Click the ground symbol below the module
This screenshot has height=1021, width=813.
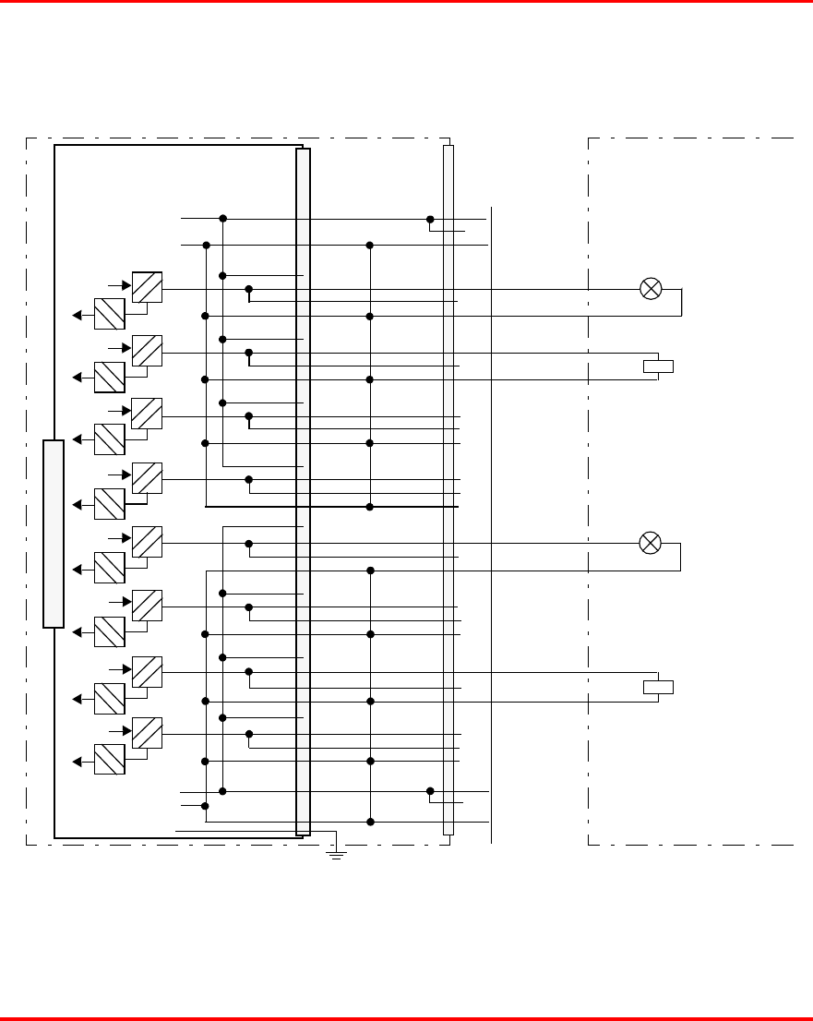[337, 855]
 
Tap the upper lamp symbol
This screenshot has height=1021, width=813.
[651, 288]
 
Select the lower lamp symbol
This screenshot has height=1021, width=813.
[651, 543]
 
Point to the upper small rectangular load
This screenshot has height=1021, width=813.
[658, 366]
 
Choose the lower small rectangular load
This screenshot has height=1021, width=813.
[658, 687]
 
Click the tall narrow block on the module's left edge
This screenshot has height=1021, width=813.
[54, 534]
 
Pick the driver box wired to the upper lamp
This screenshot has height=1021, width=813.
[148, 287]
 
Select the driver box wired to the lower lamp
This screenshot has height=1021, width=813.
[148, 542]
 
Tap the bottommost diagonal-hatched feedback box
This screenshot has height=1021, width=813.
[110, 759]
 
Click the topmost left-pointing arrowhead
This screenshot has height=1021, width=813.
[78, 315]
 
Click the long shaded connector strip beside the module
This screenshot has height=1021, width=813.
[303, 491]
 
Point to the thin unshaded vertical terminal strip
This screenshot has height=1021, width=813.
[448, 489]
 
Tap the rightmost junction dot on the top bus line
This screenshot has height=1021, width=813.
[430, 219]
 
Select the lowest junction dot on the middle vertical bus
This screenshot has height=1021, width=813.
[370, 822]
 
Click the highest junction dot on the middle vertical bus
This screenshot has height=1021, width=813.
[370, 245]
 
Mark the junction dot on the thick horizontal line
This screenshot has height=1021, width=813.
[370, 507]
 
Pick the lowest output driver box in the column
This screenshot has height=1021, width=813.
[148, 733]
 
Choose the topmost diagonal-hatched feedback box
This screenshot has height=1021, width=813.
[110, 314]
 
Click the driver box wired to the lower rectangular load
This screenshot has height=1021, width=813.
[148, 671]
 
